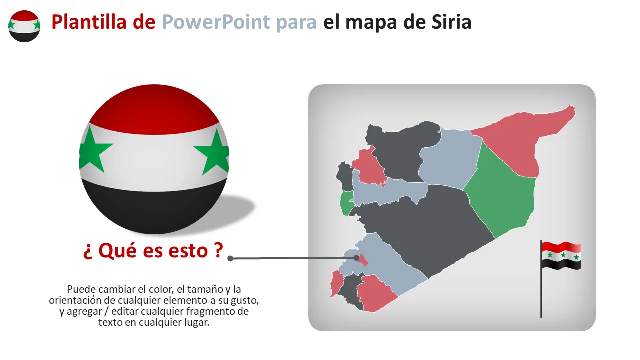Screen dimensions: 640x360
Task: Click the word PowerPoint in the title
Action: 216,22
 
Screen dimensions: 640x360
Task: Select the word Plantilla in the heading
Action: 89,22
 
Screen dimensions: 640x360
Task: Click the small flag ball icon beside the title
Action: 24,26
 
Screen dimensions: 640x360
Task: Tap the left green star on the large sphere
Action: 93,150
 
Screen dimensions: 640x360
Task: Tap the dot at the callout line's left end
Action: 230,259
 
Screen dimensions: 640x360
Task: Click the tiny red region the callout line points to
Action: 363,260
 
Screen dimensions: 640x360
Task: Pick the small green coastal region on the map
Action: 347,203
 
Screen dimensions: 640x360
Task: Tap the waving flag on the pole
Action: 561,256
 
